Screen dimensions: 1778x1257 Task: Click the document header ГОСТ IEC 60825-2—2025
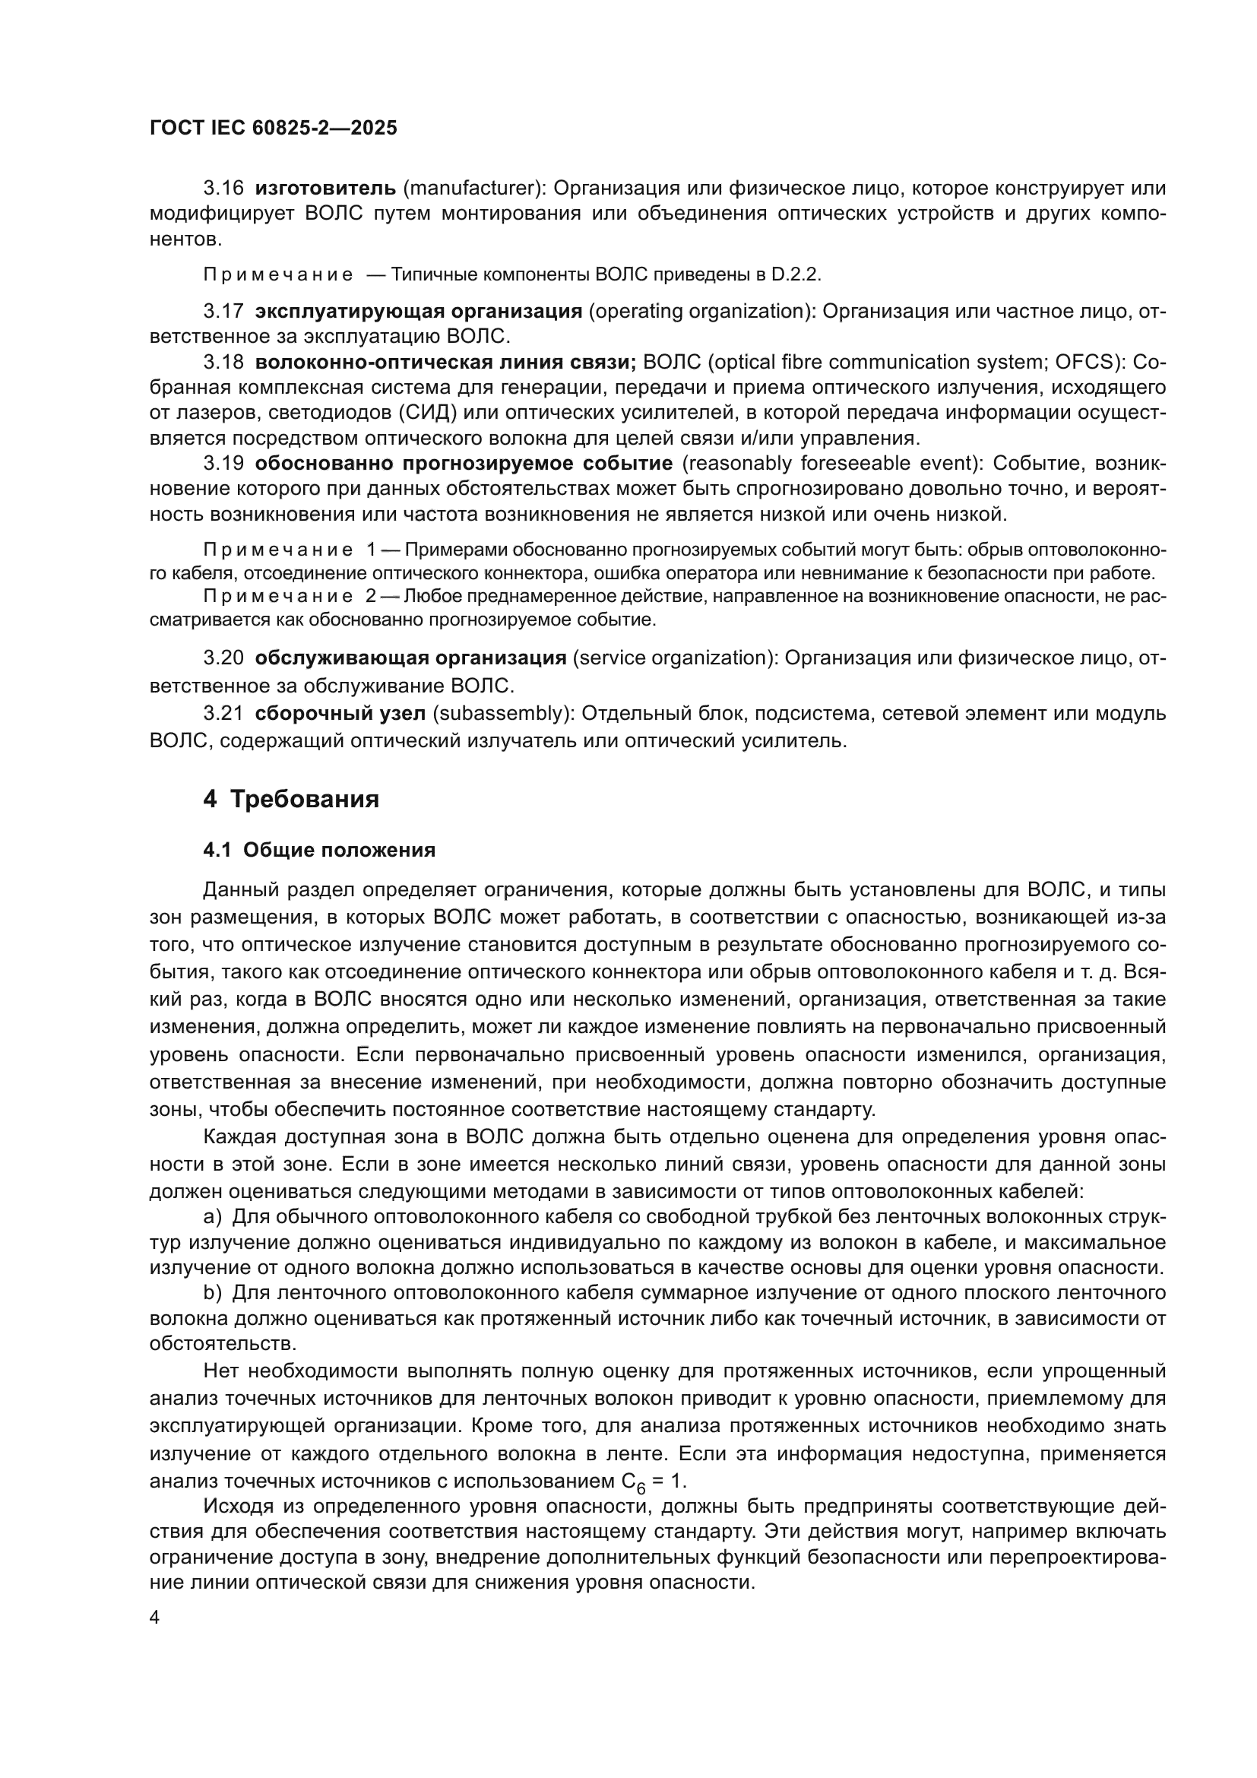(x=274, y=128)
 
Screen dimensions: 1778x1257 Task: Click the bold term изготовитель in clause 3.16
(x=325, y=188)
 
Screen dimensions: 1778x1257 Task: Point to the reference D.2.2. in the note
(x=796, y=274)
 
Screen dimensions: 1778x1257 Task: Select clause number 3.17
(x=223, y=312)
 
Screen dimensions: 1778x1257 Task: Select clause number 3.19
(x=223, y=463)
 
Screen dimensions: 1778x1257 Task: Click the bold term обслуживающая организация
(x=410, y=658)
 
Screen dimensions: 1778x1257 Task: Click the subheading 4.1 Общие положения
(x=319, y=850)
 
